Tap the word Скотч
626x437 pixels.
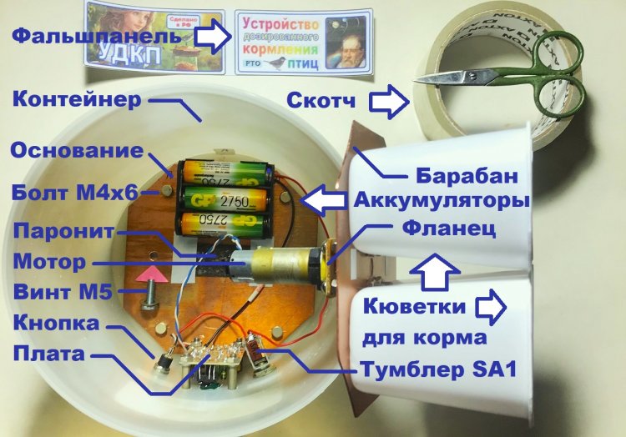[x=321, y=102]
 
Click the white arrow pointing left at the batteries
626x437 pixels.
[x=321, y=201]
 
